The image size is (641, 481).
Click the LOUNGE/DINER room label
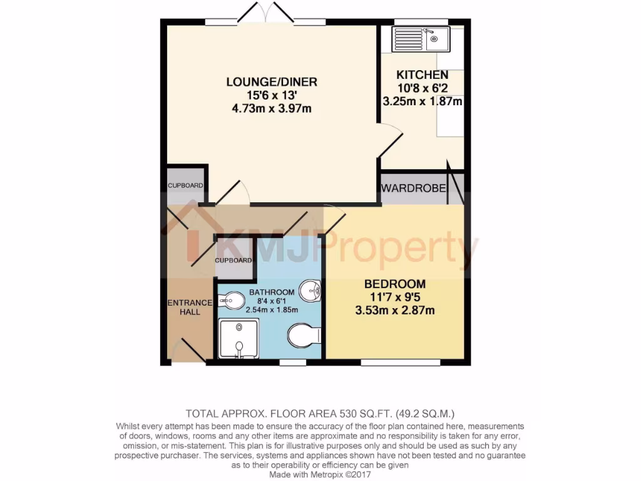(x=272, y=81)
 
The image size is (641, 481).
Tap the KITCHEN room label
(x=422, y=75)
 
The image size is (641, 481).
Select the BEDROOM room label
(x=394, y=284)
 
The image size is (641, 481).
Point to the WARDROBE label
(x=413, y=189)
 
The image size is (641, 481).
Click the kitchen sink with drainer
(x=420, y=39)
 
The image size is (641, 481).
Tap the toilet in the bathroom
(x=304, y=335)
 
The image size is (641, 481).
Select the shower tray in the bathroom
(x=238, y=339)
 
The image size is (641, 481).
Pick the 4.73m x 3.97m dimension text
(x=272, y=109)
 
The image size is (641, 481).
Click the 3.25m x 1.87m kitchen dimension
(x=422, y=101)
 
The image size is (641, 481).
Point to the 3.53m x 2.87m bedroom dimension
(x=394, y=311)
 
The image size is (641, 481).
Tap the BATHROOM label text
(x=272, y=292)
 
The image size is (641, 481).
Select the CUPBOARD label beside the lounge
(x=185, y=185)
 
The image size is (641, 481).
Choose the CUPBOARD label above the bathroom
(x=233, y=261)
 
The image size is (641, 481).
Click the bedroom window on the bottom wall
(x=401, y=363)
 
